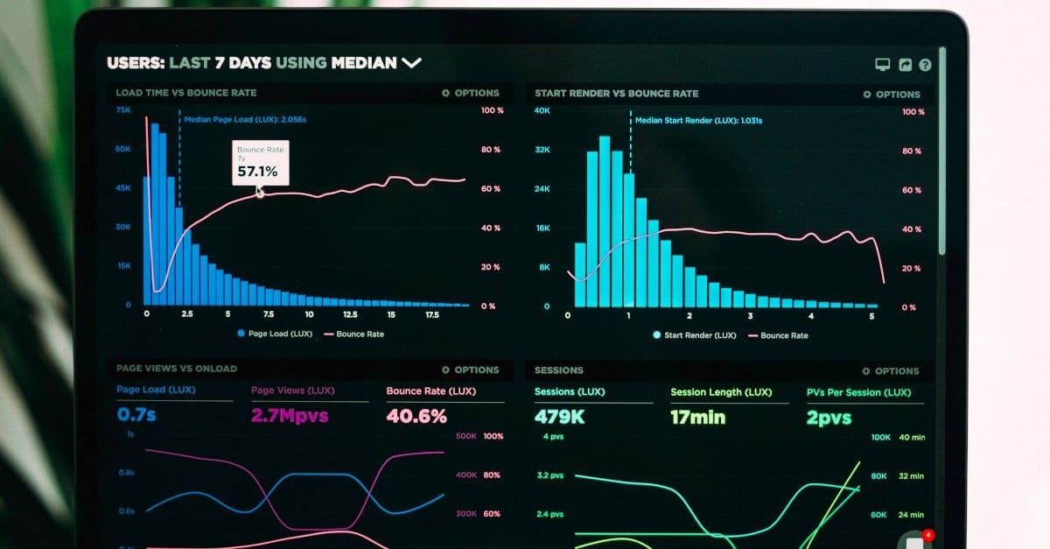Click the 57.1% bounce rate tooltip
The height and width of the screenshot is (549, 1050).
click(258, 163)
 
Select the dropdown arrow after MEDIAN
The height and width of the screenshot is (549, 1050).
click(411, 63)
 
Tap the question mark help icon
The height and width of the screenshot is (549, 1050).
click(925, 65)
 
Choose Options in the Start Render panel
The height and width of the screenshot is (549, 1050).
click(892, 95)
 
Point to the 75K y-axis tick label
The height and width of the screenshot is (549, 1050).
click(122, 110)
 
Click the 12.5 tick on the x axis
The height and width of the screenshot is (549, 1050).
click(350, 314)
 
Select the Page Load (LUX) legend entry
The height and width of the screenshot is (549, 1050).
click(275, 334)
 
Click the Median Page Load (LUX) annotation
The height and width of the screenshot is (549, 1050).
click(245, 119)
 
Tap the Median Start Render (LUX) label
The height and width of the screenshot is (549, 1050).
click(698, 121)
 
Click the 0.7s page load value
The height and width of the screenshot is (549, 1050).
click(136, 415)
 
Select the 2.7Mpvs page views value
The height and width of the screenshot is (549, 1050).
click(290, 416)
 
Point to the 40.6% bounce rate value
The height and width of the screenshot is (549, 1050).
click(416, 417)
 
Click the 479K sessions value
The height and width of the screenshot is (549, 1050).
click(560, 418)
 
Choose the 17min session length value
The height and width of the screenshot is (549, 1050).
click(697, 419)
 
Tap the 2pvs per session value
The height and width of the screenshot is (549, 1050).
click(829, 419)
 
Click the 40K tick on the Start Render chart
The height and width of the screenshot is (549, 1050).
click(542, 111)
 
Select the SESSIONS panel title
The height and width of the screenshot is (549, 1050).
click(558, 370)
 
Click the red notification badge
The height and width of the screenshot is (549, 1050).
click(928, 534)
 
